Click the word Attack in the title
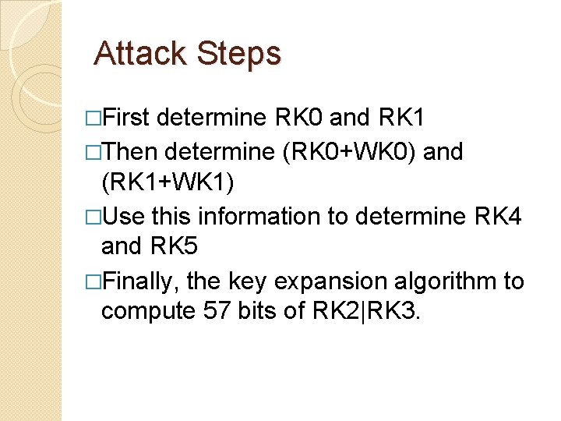tap(140, 54)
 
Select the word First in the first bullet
tap(127, 119)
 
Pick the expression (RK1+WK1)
tap(168, 182)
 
